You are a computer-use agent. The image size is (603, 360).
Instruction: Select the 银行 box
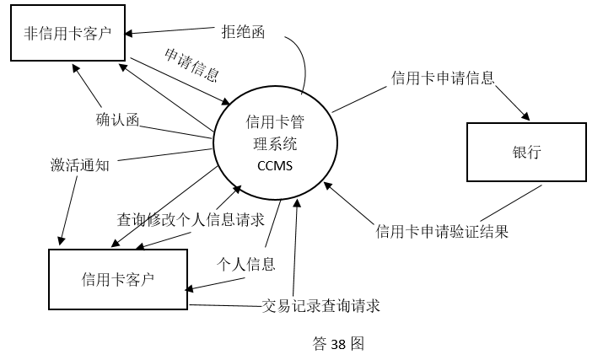[525, 153]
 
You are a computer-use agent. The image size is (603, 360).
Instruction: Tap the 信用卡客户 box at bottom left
[118, 278]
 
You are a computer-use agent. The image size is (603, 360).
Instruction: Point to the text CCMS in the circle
[275, 165]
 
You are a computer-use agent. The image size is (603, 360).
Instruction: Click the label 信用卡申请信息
[443, 78]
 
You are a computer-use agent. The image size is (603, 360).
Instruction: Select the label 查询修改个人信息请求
[191, 219]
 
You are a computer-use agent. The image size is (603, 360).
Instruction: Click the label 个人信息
[246, 264]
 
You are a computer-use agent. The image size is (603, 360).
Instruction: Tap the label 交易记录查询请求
[321, 305]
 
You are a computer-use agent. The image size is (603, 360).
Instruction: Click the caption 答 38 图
[337, 344]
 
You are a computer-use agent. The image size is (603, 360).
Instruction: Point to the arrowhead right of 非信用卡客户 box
[129, 34]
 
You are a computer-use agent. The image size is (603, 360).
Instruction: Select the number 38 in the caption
[337, 344]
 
